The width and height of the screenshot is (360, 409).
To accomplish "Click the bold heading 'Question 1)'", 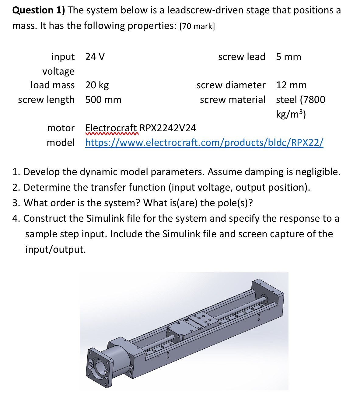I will pos(39,10).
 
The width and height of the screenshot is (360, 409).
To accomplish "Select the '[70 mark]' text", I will pos(197,26).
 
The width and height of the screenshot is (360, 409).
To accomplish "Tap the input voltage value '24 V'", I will pos(95,57).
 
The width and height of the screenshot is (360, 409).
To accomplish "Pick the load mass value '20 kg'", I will pos(97,85).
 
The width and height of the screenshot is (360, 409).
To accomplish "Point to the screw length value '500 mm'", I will pos(103,100).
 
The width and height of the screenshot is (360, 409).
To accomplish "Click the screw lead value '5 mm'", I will pos(288,57).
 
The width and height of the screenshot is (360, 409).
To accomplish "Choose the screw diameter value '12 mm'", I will pos(291,85).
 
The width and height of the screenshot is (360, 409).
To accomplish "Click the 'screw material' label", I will pos(232,100).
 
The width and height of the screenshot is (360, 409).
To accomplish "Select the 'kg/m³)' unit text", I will pos(291,114).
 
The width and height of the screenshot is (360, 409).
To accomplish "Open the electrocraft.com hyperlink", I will pos(204,142).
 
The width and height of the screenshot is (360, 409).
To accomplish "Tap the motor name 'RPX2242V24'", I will pos(168,128).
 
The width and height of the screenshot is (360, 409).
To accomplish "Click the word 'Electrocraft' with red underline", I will pos(111,128).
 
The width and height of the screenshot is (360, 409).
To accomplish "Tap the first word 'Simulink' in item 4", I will pos(105,218).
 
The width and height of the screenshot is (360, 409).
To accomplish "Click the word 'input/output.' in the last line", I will pos(56,249).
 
